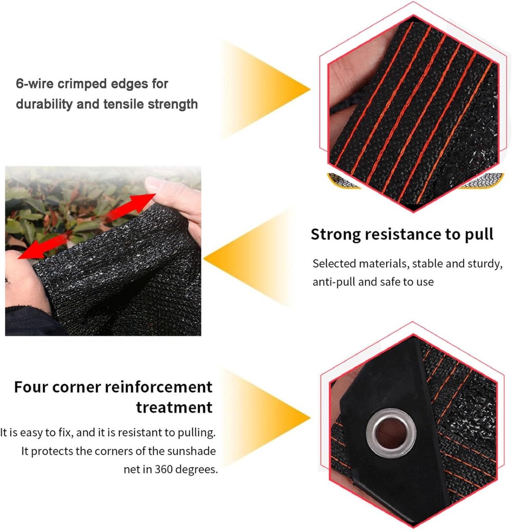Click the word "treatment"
[174, 408]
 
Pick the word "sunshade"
[191, 451]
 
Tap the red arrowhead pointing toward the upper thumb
[144, 202]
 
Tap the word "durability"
[44, 104]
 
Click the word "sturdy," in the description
[485, 264]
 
